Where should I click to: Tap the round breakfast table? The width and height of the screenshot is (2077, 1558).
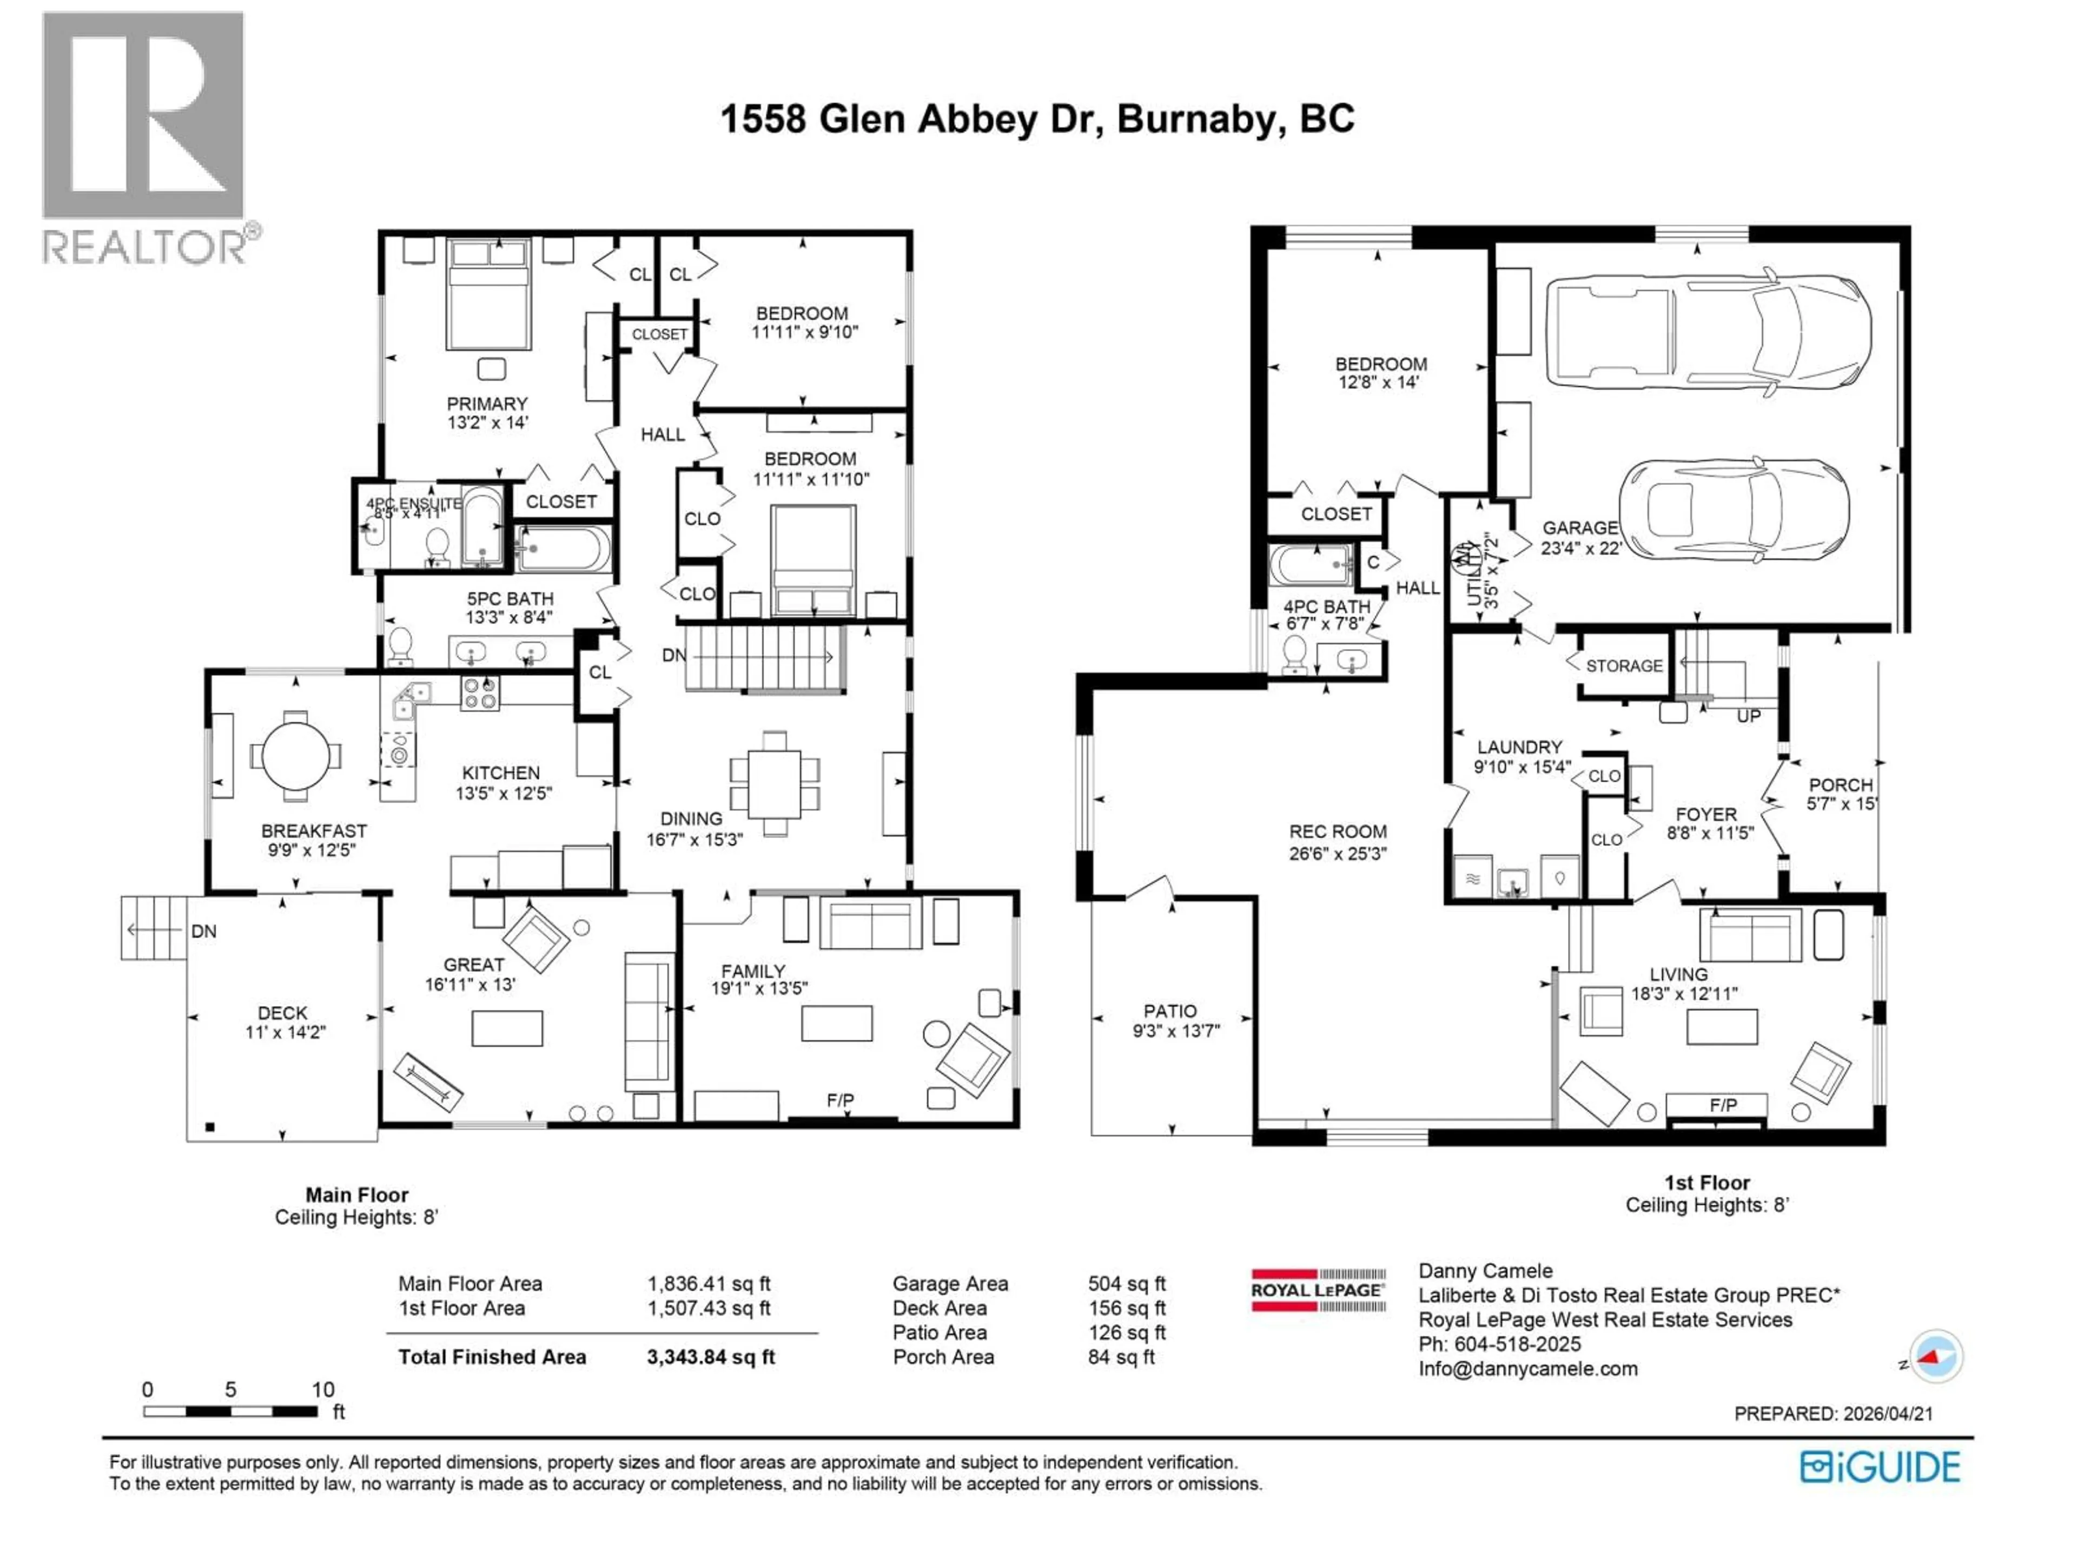296,756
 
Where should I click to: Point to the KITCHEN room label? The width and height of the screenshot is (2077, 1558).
500,773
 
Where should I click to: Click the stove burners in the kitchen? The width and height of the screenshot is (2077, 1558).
480,693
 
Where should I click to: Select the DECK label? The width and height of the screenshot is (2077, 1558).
283,1012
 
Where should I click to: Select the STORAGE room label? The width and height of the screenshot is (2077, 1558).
1624,666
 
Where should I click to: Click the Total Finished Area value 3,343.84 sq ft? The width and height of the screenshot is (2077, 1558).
711,1357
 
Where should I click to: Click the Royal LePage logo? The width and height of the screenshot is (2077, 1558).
1318,1290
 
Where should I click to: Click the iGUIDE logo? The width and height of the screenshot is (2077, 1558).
1880,1468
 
